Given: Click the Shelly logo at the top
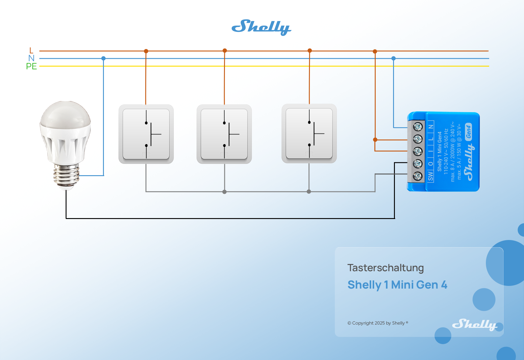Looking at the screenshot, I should (x=261, y=27).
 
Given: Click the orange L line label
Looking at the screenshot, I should (x=31, y=50).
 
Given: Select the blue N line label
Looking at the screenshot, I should (x=31, y=58).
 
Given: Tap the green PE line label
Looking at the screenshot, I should (x=31, y=66).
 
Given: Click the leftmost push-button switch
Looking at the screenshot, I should (x=146, y=134).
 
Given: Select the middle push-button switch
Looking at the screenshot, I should (x=224, y=134).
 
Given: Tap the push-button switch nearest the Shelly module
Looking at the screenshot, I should (x=309, y=133).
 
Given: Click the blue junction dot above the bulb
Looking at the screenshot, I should (x=103, y=58).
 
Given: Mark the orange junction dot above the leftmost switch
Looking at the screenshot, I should (x=146, y=51).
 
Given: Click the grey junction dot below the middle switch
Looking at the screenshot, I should (x=224, y=192).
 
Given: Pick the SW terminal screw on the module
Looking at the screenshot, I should (x=418, y=176).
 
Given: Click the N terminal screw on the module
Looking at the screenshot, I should (x=418, y=127).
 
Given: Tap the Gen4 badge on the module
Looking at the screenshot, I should (x=468, y=132).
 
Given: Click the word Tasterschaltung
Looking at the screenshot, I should (x=385, y=268).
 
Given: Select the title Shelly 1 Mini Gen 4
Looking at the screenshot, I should (x=397, y=285).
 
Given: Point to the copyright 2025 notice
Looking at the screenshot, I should (x=377, y=323).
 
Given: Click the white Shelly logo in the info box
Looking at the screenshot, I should (x=474, y=324).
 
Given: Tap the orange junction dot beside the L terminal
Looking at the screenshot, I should (x=375, y=139).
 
